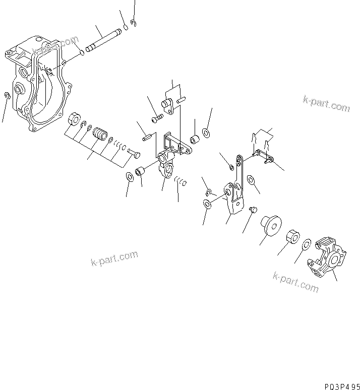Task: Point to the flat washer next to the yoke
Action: tap(306, 245)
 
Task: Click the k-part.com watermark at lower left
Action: tap(114, 259)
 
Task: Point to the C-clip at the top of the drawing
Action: tap(133, 23)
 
